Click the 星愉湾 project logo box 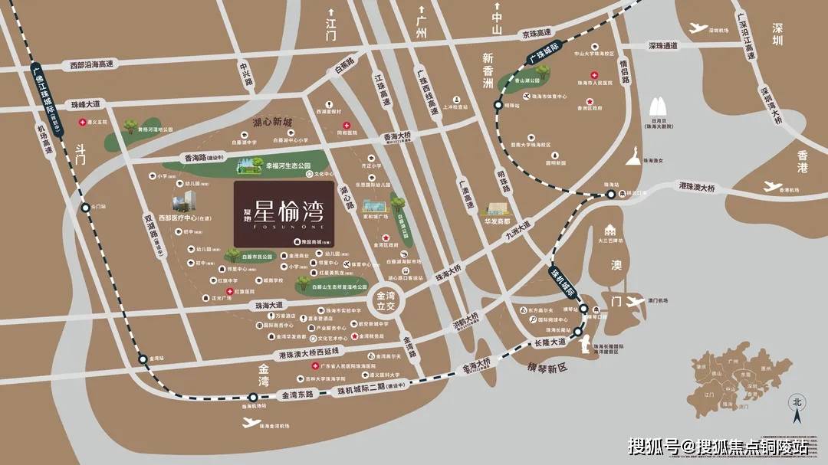(x=284, y=214)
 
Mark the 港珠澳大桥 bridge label (x=696, y=187)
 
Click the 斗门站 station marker (x=85, y=207)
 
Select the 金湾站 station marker (x=142, y=359)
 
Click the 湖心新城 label (x=273, y=123)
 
